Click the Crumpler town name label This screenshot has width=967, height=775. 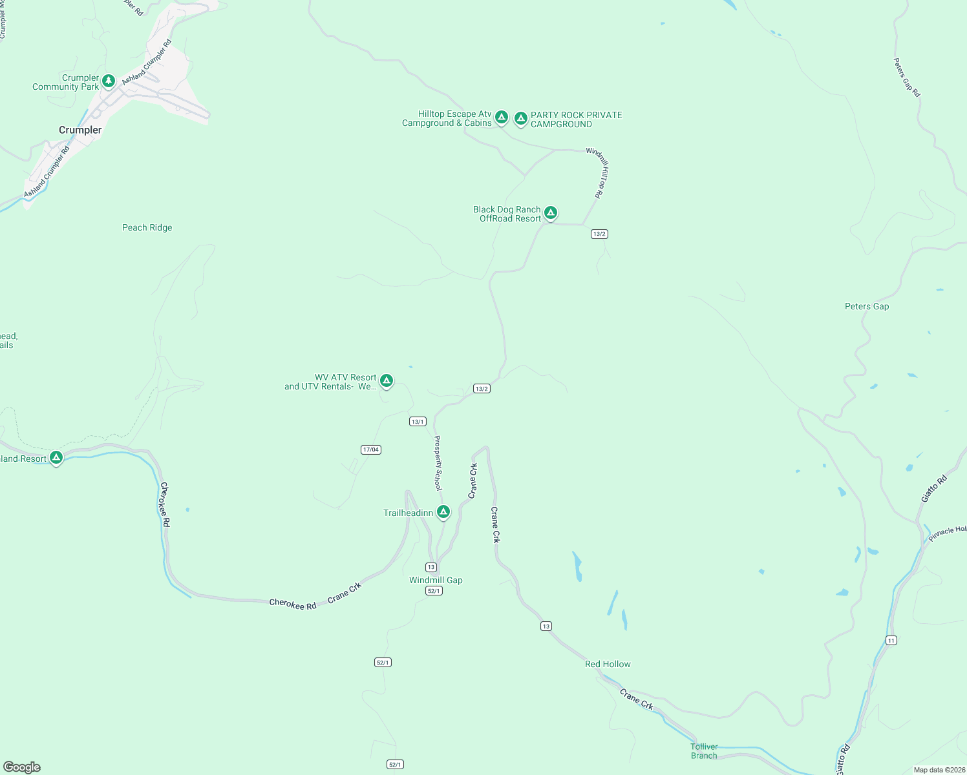[80, 130]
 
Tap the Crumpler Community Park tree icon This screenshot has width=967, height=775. [109, 81]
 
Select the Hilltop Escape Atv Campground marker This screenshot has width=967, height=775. [501, 118]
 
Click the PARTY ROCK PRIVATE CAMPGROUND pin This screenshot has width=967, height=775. [520, 118]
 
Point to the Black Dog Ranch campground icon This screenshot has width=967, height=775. [550, 212]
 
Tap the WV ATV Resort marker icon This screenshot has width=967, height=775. [386, 380]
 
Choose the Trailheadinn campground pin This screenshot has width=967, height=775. [443, 512]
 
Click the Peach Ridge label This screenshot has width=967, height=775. [147, 227]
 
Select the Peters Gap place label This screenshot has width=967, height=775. [867, 306]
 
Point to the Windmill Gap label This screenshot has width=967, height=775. [436, 580]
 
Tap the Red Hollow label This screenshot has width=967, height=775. [608, 664]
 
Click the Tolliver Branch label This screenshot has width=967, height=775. [704, 751]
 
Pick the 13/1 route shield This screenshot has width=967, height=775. [418, 422]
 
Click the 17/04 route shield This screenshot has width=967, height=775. [370, 449]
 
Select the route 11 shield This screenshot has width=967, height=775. [891, 641]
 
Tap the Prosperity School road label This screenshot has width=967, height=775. [438, 462]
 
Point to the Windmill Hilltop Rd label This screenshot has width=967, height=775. [598, 172]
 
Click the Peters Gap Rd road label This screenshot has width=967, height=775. [906, 77]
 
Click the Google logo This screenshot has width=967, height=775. [22, 767]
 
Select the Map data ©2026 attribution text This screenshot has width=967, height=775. [939, 770]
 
